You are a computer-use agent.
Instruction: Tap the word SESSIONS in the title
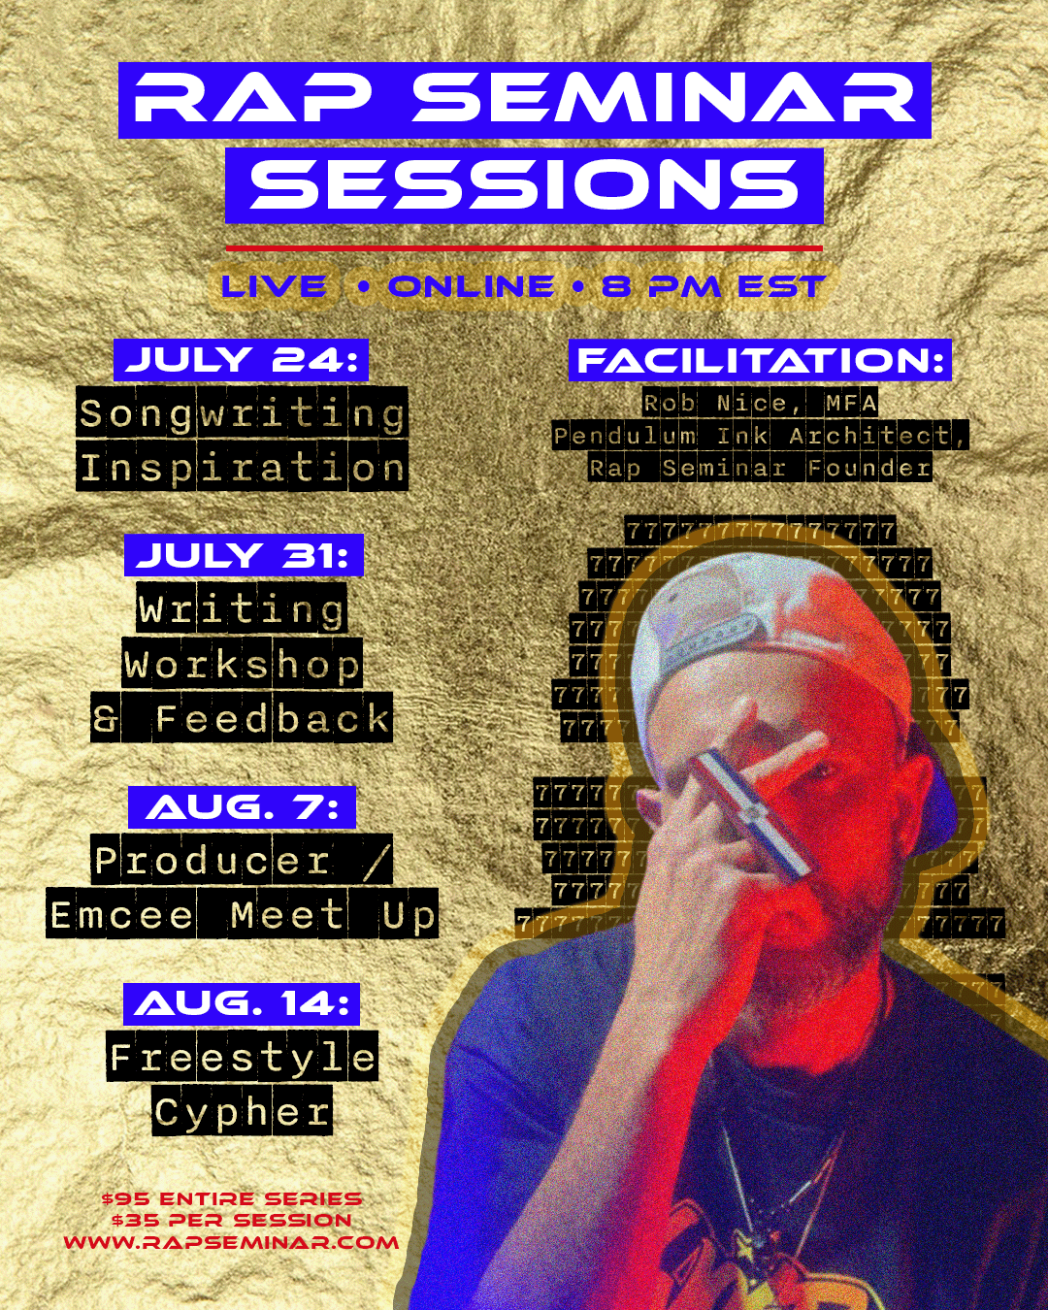coord(524,185)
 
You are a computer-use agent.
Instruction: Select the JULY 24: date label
coord(242,360)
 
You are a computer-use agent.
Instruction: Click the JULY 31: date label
coord(244,555)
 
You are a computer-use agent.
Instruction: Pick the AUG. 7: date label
coord(242,807)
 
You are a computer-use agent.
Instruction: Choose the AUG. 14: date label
coord(242,1003)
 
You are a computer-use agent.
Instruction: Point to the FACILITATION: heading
coord(760,360)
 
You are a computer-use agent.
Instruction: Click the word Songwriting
coord(242,412)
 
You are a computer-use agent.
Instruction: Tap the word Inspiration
coord(242,467)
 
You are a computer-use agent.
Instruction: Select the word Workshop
coord(243,663)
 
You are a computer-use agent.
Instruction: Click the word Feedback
coord(273,717)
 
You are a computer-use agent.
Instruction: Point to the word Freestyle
coord(243,1056)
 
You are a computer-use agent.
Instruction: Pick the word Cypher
coord(243,1110)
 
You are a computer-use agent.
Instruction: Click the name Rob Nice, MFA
coord(760,403)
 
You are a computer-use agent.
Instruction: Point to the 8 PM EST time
coord(713,286)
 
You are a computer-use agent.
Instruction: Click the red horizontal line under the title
coord(524,248)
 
